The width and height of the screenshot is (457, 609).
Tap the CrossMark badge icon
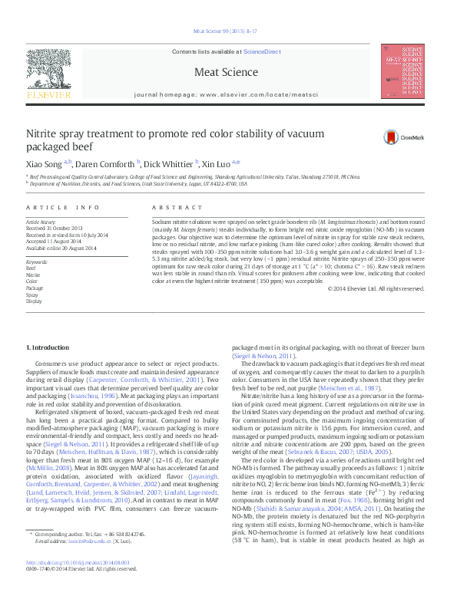(393, 137)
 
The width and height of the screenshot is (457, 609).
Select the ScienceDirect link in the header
(262, 51)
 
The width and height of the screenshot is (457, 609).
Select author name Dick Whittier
(171, 163)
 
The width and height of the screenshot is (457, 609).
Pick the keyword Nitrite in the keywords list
(33, 274)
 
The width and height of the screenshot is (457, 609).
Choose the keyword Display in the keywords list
(34, 301)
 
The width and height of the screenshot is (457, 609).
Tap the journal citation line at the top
(228, 32)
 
